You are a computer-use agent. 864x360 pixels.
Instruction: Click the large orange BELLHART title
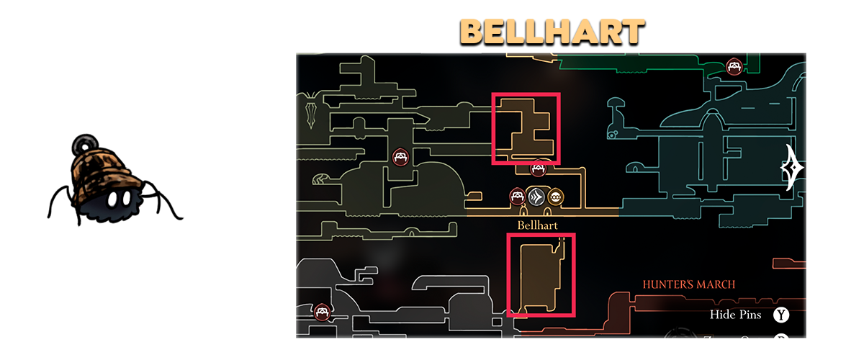pyautogui.click(x=552, y=32)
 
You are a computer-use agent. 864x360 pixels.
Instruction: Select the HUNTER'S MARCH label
pyautogui.click(x=689, y=284)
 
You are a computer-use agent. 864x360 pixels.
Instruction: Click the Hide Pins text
pyautogui.click(x=736, y=315)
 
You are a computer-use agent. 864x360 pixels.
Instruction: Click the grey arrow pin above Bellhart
pyautogui.click(x=536, y=197)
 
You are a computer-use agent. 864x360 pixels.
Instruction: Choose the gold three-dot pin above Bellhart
pyautogui.click(x=556, y=197)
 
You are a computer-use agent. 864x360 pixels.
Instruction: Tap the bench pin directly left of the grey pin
pyautogui.click(x=517, y=196)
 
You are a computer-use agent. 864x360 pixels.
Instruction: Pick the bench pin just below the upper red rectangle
pyautogui.click(x=537, y=169)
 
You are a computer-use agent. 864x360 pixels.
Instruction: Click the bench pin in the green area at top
pyautogui.click(x=734, y=67)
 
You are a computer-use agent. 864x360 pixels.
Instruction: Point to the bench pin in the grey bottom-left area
pyautogui.click(x=322, y=312)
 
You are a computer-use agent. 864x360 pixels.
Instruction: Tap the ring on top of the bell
pyautogui.click(x=87, y=140)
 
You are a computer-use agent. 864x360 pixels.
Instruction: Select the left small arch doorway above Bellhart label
pyautogui.click(x=524, y=212)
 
